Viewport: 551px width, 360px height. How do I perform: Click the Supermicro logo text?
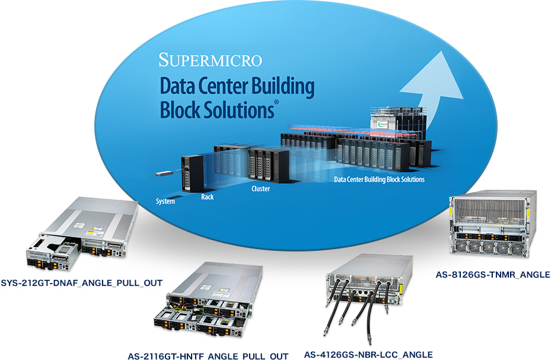(x=211, y=60)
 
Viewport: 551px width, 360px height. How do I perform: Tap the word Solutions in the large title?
(x=234, y=110)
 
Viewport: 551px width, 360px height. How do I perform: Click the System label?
(x=165, y=202)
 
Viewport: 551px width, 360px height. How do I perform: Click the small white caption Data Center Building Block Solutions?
(x=379, y=179)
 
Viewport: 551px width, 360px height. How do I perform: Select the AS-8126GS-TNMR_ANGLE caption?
(x=493, y=275)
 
